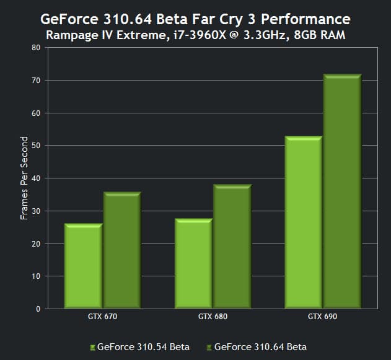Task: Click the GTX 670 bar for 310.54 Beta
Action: click(x=84, y=266)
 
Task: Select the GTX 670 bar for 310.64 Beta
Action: click(x=122, y=250)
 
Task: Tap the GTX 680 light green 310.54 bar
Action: click(x=194, y=263)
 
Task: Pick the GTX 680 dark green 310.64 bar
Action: click(x=232, y=247)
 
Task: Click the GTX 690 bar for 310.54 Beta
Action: click(x=303, y=222)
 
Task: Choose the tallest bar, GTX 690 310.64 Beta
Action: click(x=341, y=191)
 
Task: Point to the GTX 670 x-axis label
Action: click(x=102, y=317)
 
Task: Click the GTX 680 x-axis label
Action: click(x=213, y=317)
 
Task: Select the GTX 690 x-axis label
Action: click(x=322, y=317)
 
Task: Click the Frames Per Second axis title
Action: click(x=25, y=178)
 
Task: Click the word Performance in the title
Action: click(x=297, y=19)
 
